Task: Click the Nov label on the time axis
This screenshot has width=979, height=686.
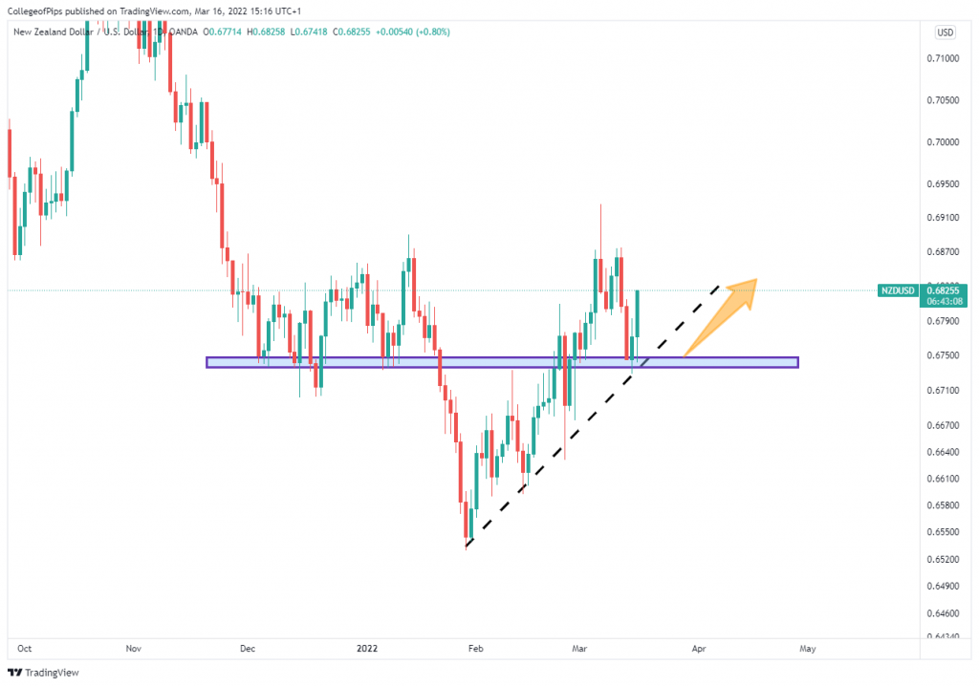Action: (133, 649)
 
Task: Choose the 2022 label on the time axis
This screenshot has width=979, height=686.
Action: (368, 649)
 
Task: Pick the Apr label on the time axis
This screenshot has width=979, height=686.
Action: (699, 649)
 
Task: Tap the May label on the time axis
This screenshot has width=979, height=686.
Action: (808, 649)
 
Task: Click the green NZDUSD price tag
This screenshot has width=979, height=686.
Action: (898, 289)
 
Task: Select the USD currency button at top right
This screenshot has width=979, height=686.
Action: (946, 32)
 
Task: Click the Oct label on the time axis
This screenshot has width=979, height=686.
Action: (25, 649)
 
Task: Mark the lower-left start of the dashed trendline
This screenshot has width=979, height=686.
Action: (466, 547)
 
